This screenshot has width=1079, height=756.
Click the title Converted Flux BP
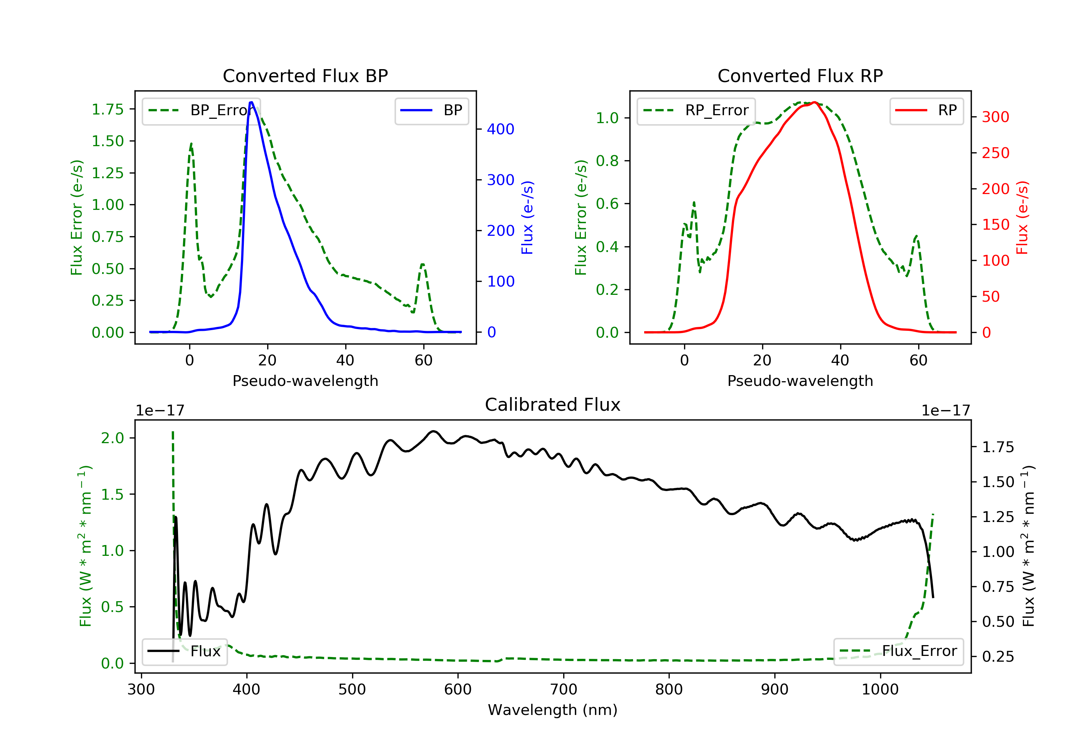pyautogui.click(x=305, y=76)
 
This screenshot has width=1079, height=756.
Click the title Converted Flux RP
pyautogui.click(x=800, y=76)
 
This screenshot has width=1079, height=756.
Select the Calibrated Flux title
pyautogui.click(x=553, y=405)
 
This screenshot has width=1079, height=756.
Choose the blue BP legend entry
pyautogui.click(x=431, y=111)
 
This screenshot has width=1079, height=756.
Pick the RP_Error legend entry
pyautogui.click(x=696, y=111)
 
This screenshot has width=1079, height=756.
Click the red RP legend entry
pyautogui.click(x=926, y=111)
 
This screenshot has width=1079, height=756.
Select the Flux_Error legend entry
pyautogui.click(x=898, y=651)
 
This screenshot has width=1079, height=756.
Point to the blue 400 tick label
pyautogui.click(x=501, y=129)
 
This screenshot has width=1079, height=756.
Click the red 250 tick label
pyautogui.click(x=995, y=153)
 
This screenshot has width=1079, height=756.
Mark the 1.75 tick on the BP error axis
pyautogui.click(x=108, y=109)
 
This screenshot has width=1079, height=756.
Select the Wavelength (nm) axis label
pyautogui.click(x=553, y=710)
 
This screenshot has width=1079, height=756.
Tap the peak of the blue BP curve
pyautogui.click(x=251, y=102)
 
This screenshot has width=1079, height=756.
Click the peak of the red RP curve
pyautogui.click(x=814, y=102)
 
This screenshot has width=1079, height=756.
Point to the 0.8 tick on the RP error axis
pyautogui.click(x=607, y=161)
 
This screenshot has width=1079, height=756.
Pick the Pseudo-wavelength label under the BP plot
pyautogui.click(x=305, y=381)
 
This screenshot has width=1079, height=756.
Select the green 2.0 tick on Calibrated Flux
pyautogui.click(x=112, y=438)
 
